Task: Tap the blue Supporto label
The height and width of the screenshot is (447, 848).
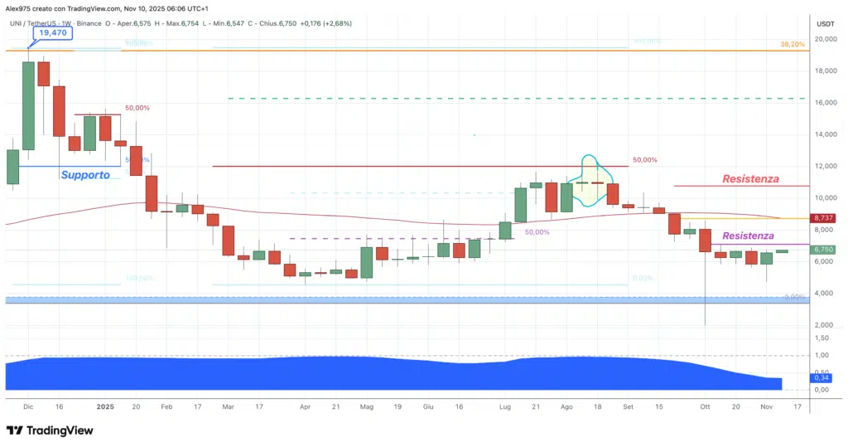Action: click(85, 175)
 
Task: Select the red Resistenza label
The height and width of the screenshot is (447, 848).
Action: click(750, 178)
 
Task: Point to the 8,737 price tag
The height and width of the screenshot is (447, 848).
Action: click(823, 217)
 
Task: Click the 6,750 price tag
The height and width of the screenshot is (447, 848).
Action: click(823, 249)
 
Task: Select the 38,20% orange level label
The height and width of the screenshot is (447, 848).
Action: click(792, 44)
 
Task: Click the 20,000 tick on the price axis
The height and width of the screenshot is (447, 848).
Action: click(824, 39)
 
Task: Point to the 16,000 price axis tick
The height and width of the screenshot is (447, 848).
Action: click(824, 103)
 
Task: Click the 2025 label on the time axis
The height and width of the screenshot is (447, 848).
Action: click(104, 407)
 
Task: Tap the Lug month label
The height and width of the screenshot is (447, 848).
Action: click(503, 407)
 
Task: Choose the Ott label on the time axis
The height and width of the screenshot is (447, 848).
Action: click(705, 407)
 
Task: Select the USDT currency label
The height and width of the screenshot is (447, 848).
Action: click(825, 23)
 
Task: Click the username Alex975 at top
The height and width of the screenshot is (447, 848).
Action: click(18, 7)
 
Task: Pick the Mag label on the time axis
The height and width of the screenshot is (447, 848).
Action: click(367, 407)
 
